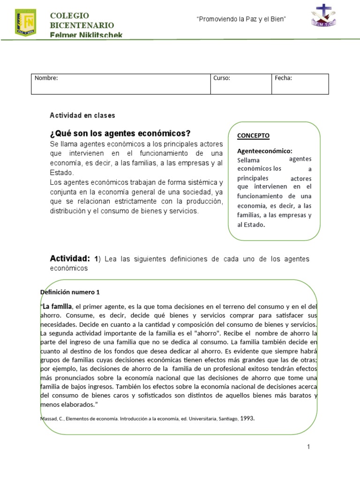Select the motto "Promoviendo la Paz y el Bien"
click(241, 18)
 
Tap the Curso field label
click(222, 78)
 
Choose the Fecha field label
click(284, 78)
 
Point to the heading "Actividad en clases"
click(82, 115)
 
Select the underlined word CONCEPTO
click(253, 135)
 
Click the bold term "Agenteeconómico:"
click(264, 151)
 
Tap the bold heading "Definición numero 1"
click(70, 292)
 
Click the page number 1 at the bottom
click(308, 447)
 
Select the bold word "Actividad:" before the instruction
click(70, 258)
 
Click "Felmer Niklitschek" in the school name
click(87, 35)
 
